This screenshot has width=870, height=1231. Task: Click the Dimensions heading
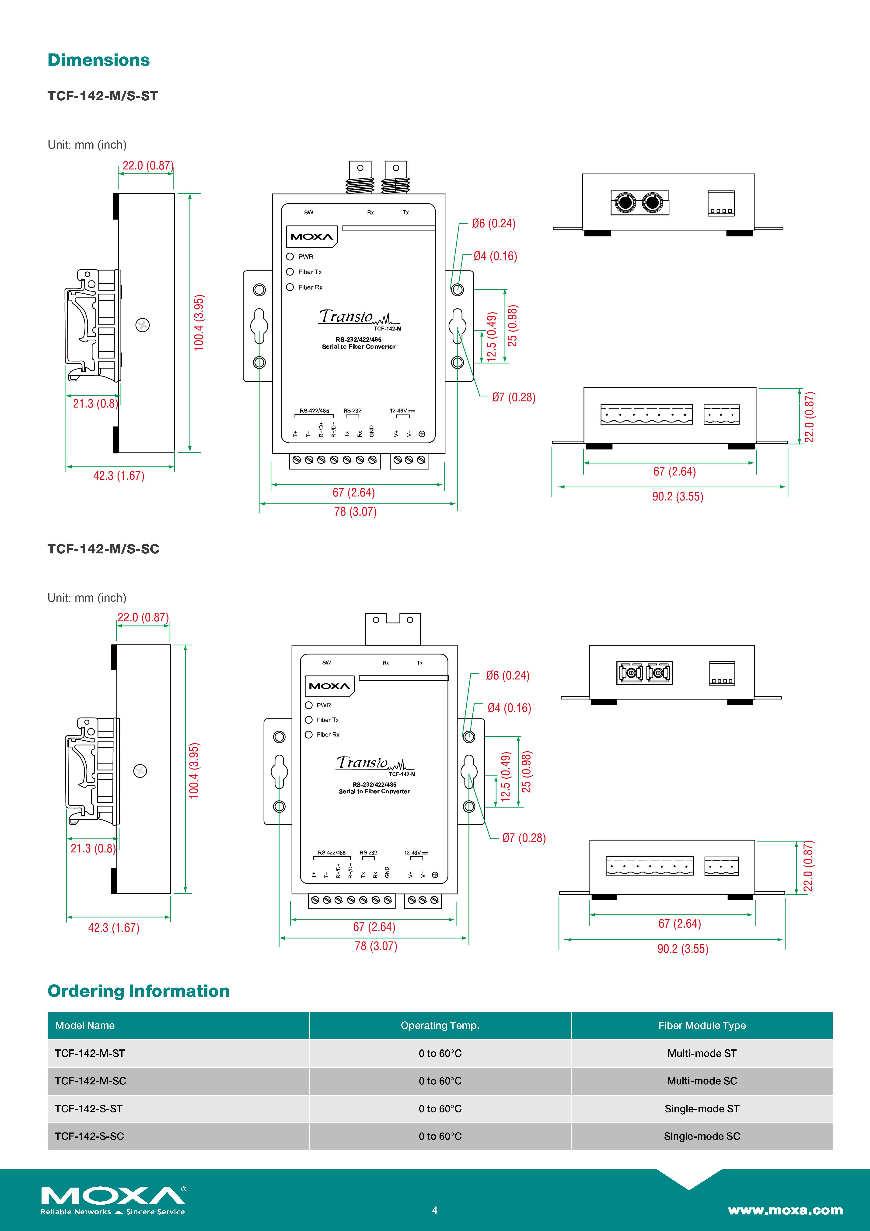click(x=99, y=60)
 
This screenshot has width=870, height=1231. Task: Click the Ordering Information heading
click(x=138, y=991)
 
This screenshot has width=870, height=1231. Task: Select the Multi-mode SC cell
click(x=702, y=1081)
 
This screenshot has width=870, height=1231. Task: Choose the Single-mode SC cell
click(x=702, y=1136)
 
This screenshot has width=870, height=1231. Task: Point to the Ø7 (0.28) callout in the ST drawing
click(x=514, y=397)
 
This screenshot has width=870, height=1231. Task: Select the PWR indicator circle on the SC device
click(x=309, y=705)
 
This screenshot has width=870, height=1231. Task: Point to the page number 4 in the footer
click(x=435, y=1210)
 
